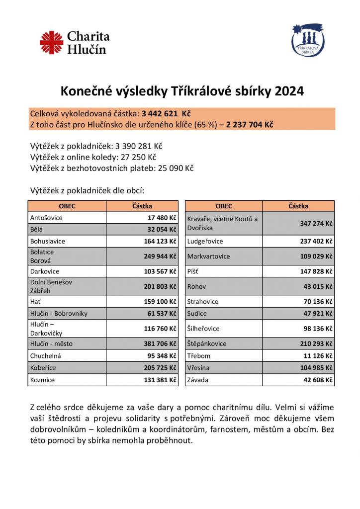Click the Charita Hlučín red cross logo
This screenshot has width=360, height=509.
click(x=52, y=43)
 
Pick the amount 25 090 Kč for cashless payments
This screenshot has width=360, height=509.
click(x=176, y=168)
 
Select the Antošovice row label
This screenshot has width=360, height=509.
click(x=46, y=218)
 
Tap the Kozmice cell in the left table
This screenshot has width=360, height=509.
click(x=42, y=379)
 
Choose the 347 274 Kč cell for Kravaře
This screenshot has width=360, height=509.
click(x=315, y=224)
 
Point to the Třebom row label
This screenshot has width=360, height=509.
click(x=199, y=356)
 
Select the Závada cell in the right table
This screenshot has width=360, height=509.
click(x=198, y=380)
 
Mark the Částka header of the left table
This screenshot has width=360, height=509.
click(x=142, y=206)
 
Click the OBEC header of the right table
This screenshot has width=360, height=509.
click(x=224, y=206)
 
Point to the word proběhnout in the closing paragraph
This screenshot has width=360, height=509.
click(x=166, y=441)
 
